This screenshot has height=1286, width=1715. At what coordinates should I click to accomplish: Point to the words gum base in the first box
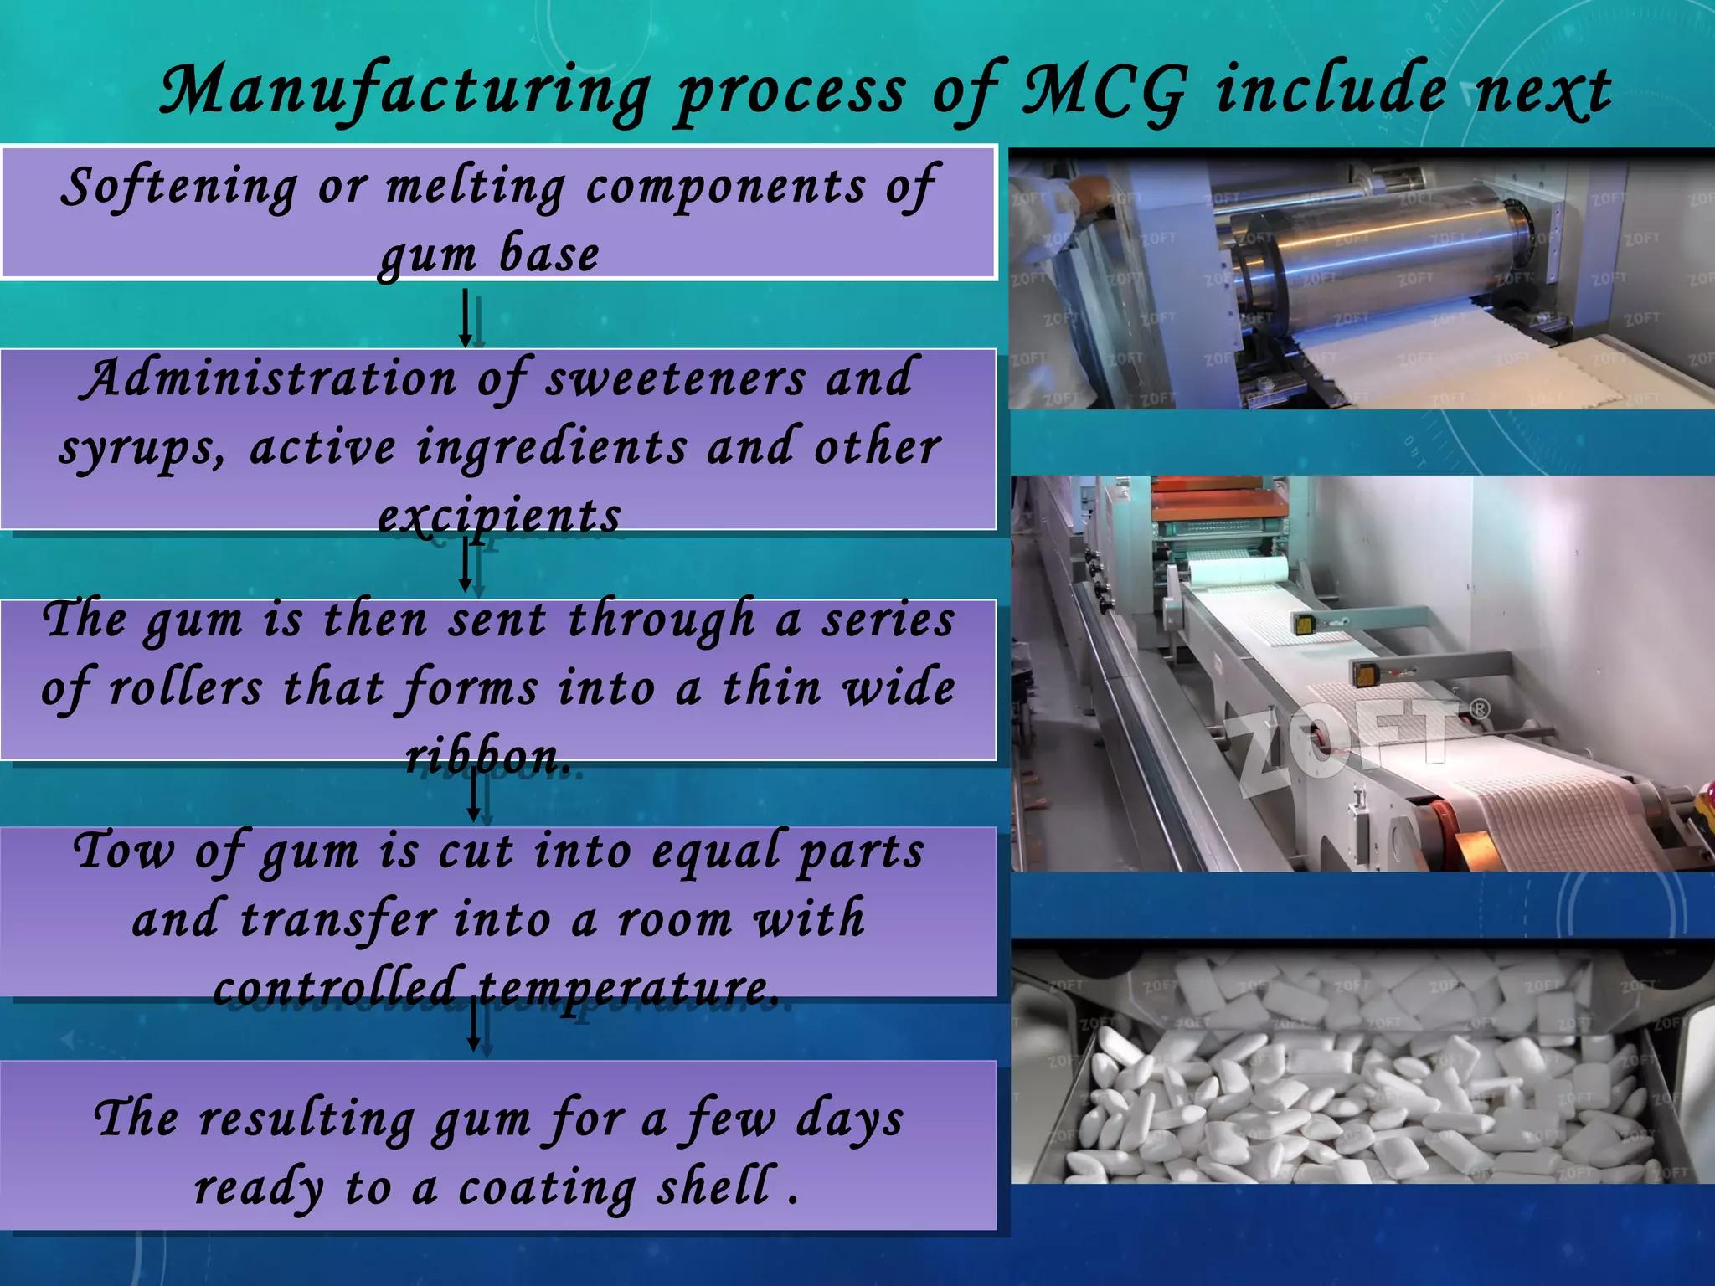click(490, 255)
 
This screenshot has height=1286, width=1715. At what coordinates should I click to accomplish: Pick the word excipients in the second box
click(499, 516)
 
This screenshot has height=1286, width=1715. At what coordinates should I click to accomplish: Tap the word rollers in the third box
click(186, 689)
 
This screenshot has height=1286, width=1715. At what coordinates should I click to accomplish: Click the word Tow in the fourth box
click(124, 851)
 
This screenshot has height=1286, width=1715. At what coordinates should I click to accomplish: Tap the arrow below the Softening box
click(466, 318)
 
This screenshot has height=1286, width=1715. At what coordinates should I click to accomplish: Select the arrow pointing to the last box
click(474, 1025)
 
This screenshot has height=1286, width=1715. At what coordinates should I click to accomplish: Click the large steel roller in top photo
click(1373, 251)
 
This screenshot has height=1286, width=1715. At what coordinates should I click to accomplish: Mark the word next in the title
click(1542, 90)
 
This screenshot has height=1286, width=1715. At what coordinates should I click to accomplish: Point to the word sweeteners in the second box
click(675, 379)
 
